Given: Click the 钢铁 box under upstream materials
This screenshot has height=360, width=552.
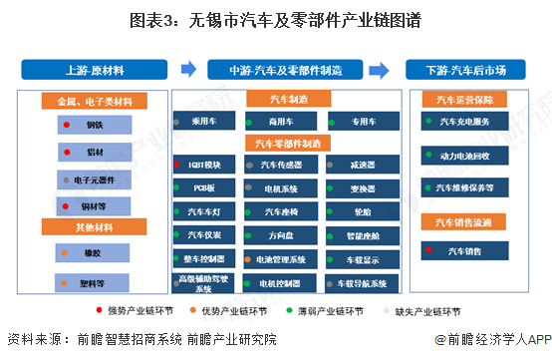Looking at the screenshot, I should point(94,126).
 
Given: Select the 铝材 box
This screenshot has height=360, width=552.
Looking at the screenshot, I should point(94,153).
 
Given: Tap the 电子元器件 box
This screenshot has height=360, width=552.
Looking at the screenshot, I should point(94,180).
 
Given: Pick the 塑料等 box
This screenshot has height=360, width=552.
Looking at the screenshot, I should point(94,282).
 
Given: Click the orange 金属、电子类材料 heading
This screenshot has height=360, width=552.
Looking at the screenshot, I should point(94,101).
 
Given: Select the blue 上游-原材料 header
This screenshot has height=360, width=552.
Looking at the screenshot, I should point(95,70).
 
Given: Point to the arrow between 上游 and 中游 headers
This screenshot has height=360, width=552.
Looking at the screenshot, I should point(187,70).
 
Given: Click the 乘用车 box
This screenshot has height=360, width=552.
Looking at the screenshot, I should point(203,122).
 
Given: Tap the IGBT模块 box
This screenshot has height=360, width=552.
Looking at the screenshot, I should point(203,164).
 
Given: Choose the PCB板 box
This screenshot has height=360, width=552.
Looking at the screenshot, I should point(203,187).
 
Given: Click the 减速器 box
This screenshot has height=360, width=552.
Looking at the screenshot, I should point(362,164).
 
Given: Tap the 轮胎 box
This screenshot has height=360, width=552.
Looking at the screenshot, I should point(362,212).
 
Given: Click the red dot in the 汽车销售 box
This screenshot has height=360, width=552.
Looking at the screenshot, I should point(428,250).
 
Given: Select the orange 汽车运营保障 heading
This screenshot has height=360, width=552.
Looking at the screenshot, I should point(463,100).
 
